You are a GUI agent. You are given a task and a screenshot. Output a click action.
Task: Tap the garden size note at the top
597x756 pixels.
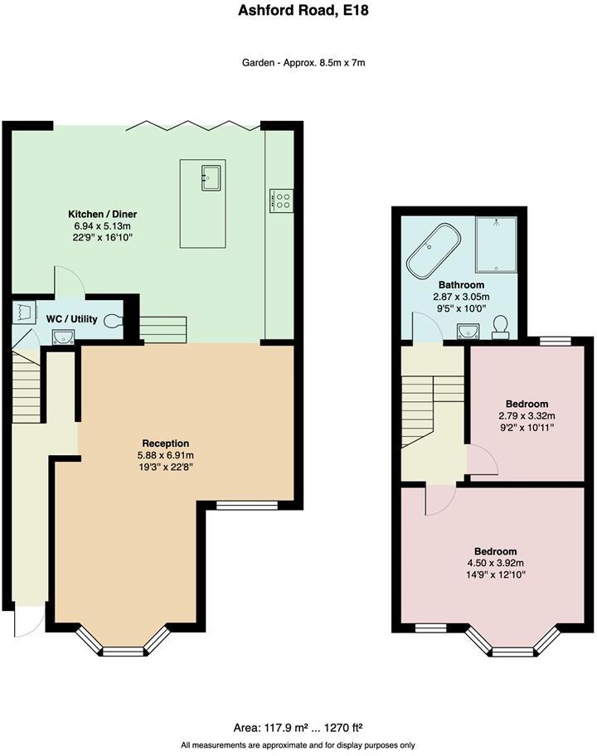298,62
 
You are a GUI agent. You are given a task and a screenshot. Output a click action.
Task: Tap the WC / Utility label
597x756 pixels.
72,319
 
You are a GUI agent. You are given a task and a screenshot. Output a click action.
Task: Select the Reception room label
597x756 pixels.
165,443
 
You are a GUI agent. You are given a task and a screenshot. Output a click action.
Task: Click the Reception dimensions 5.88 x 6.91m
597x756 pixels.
165,455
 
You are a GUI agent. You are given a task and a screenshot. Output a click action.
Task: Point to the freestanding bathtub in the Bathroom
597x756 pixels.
433,250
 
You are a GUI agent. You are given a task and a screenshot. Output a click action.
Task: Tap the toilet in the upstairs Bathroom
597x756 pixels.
500,327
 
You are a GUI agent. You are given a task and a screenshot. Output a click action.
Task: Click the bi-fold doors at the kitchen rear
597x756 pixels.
194,127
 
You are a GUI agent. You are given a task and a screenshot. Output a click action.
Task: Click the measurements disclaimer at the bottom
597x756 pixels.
298,745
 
